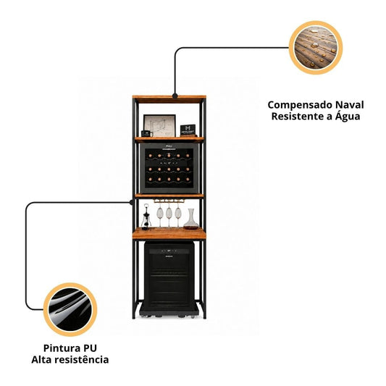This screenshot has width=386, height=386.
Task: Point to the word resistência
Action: coord(82,359)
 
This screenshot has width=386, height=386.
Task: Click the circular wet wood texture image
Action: coord(316,48)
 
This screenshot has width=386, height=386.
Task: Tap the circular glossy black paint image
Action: coord(70,309)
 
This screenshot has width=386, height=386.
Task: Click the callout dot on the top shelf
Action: coord(175,96)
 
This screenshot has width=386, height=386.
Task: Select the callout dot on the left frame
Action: coord(132,202)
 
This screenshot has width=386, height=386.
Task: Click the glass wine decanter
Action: coord(190,219)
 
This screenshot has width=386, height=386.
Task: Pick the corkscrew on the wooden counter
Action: coord(146,217)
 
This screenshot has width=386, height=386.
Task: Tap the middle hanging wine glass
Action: coord(169,214)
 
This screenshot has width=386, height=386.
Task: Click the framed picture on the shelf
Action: coord(159,125)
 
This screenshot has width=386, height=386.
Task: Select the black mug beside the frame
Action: coord(147,133)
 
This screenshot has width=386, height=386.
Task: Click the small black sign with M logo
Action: coord(188,130)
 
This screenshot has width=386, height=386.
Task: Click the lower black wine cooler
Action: coord(169,277)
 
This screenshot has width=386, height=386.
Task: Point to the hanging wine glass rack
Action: coord(169,201)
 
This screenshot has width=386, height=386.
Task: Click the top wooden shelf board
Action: coord(169,99)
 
